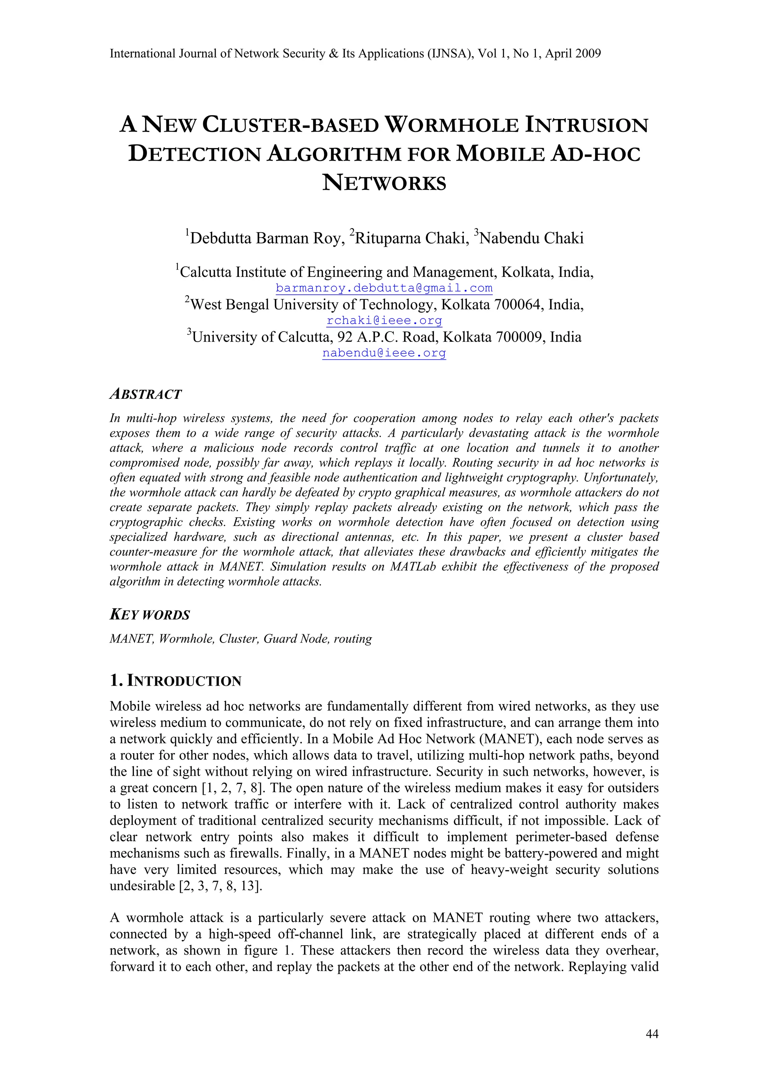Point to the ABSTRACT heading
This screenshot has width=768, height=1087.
(x=145, y=394)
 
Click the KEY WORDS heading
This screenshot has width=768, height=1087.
(x=150, y=615)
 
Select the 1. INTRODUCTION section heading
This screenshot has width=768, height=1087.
(x=175, y=681)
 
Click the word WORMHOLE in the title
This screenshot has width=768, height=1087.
(x=451, y=125)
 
